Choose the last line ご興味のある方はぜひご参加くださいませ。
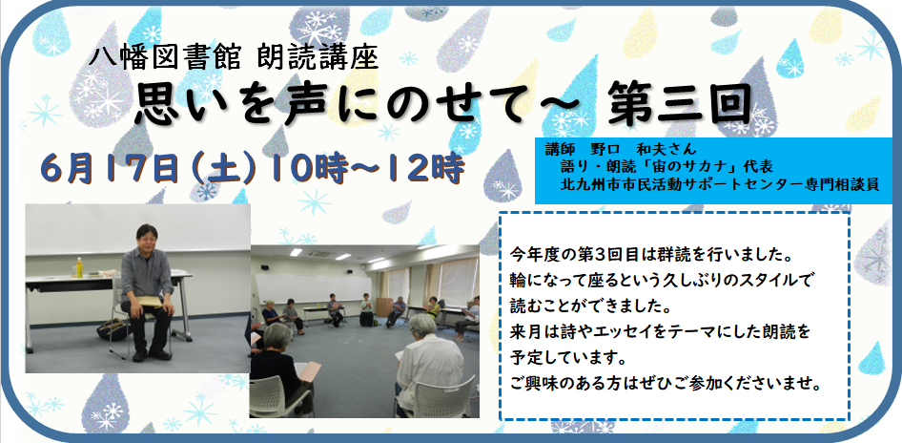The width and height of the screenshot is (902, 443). pos(666,383)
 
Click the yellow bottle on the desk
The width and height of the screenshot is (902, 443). pos(79,267)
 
